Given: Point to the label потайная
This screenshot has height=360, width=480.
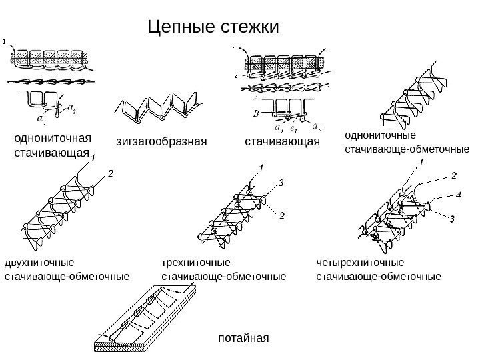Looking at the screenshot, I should click(243, 338).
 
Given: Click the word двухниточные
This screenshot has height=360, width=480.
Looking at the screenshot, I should click(40, 262).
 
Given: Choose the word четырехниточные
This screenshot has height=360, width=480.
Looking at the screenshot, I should click(360, 262).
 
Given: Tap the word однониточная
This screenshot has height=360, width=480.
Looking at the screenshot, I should click(52, 139).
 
